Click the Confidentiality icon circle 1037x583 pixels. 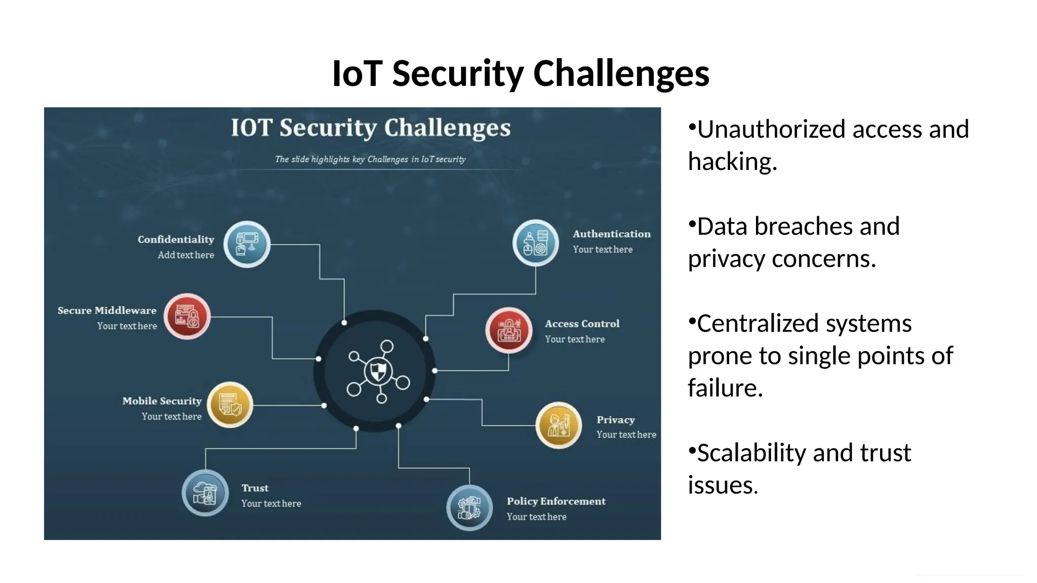coord(247,244)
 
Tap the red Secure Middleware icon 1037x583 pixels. coord(187,316)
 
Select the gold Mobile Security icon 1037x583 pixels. coord(230,405)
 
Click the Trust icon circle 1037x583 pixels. coord(205,492)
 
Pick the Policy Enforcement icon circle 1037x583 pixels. coord(469,508)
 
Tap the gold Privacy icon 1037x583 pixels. coord(559,425)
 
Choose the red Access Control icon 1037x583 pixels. coord(508,330)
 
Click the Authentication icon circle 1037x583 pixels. coord(535,243)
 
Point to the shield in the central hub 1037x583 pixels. coord(378,371)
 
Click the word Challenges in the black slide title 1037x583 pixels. coord(621,73)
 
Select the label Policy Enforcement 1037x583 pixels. coord(556,501)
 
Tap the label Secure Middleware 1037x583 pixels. coord(107,310)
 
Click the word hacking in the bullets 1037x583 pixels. coord(732,162)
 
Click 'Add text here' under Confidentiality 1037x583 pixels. coord(186,255)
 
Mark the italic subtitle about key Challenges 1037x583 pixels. coord(370,159)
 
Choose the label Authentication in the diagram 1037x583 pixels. coord(612,234)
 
